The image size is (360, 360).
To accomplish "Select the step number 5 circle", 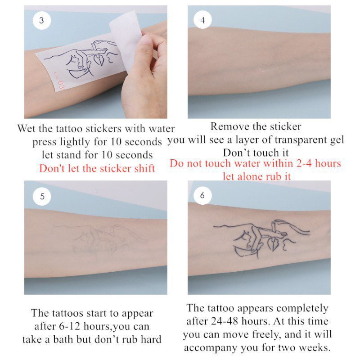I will coord(42,196).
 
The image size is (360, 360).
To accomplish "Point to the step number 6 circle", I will coord(202,196).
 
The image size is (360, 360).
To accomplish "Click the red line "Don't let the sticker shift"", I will coord(97,168).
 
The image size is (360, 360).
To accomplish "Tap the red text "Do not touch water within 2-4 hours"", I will coord(255,163).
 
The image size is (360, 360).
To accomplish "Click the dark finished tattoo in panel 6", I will coord(261,236).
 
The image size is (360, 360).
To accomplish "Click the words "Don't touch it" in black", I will coord(255,152).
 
